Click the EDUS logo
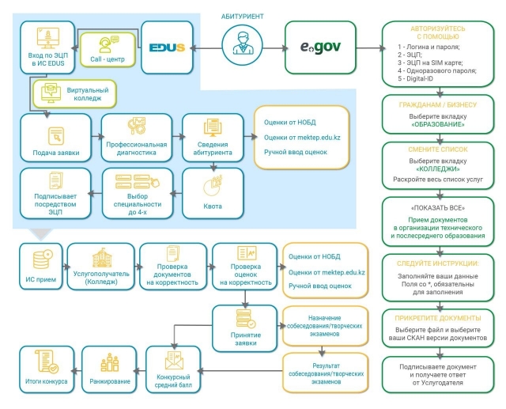[167, 47]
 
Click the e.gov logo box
[319, 47]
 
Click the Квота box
[213, 194]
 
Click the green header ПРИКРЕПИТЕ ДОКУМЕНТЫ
[440, 318]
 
